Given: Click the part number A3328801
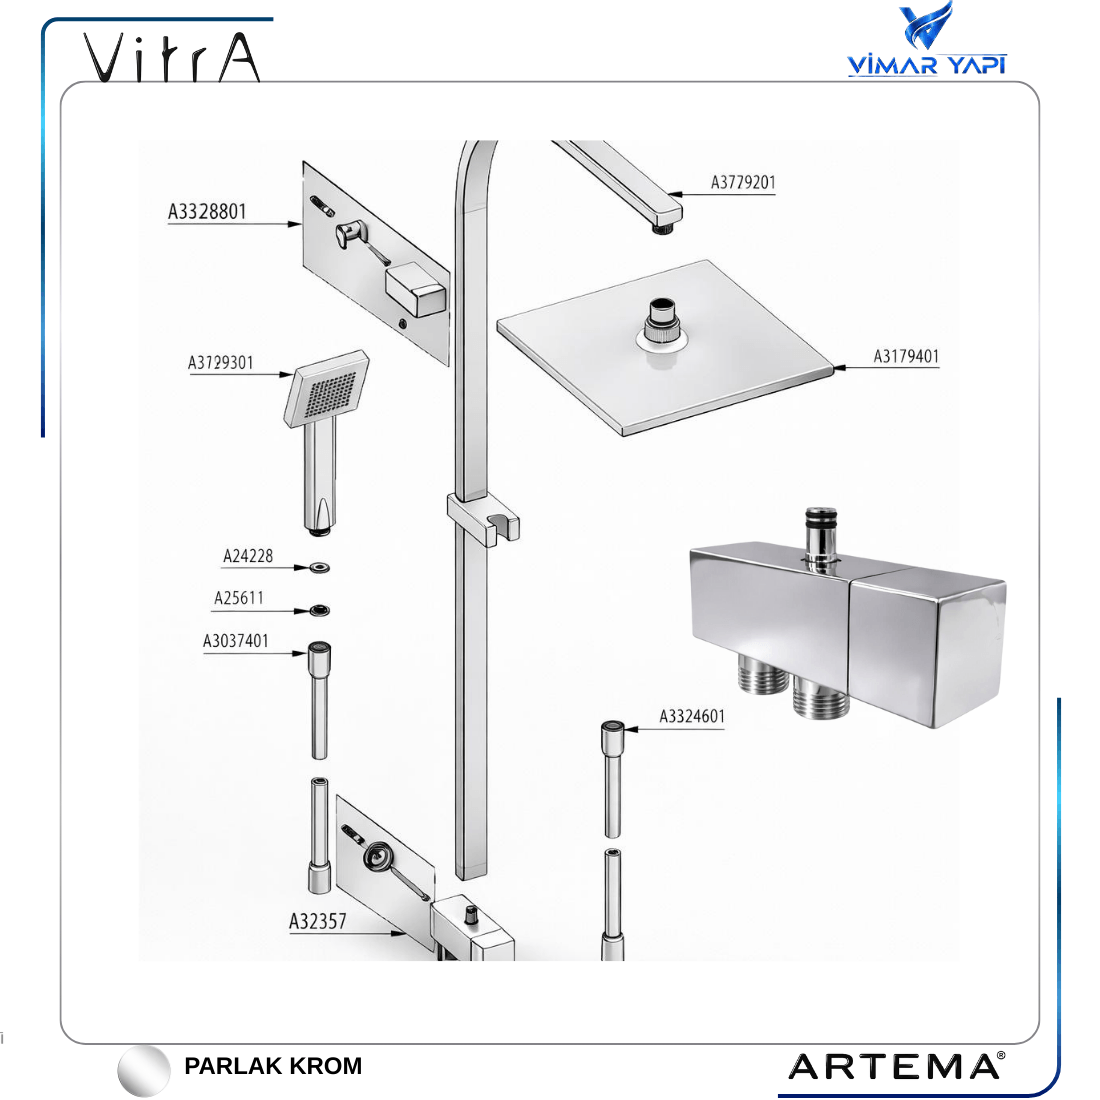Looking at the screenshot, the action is pos(207,211).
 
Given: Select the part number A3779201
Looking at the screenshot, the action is pos(743,182).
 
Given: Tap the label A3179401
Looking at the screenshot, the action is pos(906,356).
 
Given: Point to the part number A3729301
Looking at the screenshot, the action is pos(220,363).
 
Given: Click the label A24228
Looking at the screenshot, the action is pos(248,556).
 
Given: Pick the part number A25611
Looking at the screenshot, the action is pos(239,598).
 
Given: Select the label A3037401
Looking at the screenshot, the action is pos(236,641).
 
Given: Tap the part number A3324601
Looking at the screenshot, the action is pos(692,716).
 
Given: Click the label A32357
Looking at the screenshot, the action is pos(318,921).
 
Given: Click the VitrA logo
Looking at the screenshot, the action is pos(172,58).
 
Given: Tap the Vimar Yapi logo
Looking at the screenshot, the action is pos(927,39).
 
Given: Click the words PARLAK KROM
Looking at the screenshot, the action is pos(273,1066).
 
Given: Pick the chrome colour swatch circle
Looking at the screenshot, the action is pos(144,1071).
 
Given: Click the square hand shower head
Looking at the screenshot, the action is pos(326,388).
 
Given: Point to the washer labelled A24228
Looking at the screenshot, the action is pos(320,567).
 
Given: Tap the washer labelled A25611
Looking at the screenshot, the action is pos(320,610).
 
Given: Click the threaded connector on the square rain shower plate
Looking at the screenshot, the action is pos(662,321).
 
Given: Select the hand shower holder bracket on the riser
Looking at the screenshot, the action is pos(484,518).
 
